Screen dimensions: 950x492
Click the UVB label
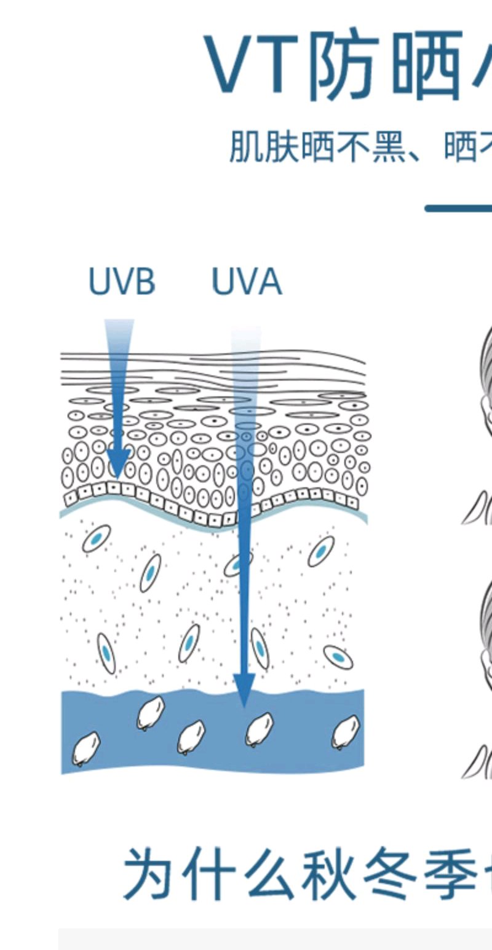(x=122, y=282)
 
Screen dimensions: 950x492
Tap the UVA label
(x=246, y=282)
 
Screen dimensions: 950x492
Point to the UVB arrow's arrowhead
(x=118, y=463)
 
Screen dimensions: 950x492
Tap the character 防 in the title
(x=341, y=66)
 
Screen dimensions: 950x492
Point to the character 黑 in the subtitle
(x=389, y=147)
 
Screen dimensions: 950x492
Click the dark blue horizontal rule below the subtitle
(x=458, y=208)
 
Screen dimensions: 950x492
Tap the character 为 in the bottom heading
(x=148, y=874)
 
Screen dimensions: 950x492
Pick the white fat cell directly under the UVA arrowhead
(x=259, y=729)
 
